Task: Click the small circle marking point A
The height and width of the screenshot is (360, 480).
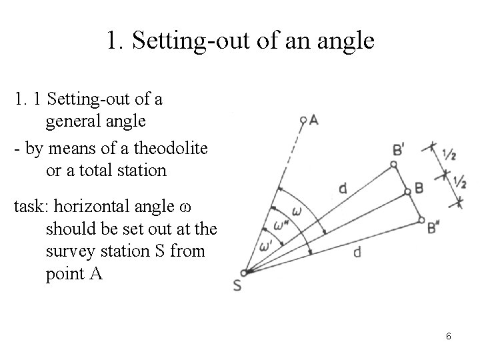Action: [303, 121]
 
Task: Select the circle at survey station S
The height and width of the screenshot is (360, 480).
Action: [245, 272]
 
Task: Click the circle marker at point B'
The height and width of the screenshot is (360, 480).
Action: [394, 164]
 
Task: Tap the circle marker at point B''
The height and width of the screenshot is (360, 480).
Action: [421, 218]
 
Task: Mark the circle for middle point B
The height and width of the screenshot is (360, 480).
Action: [408, 192]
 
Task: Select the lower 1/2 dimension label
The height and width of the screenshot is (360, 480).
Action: [459, 181]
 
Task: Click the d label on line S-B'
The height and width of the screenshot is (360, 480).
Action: [342, 189]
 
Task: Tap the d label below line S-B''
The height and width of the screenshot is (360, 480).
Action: [357, 251]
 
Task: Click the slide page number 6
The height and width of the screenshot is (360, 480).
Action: [449, 337]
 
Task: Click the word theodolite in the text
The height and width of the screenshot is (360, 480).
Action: [175, 148]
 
